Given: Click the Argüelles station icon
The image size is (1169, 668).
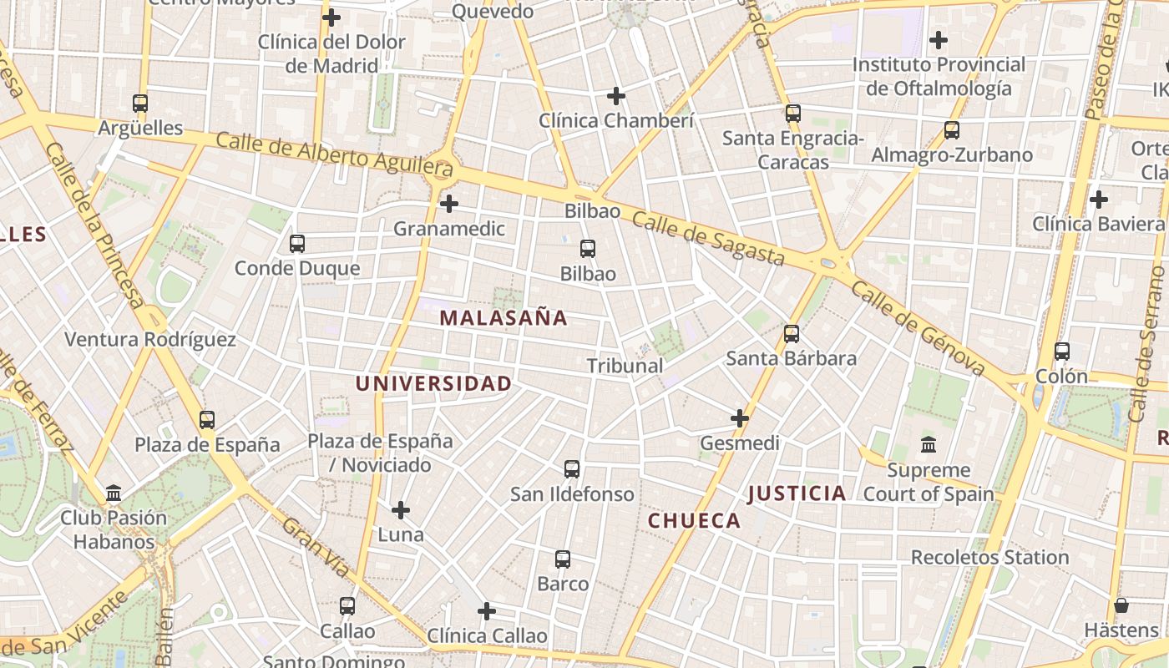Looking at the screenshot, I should (x=140, y=104).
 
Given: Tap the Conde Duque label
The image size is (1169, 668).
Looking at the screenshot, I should (x=297, y=268).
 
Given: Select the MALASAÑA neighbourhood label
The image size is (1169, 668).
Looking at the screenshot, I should (x=504, y=318).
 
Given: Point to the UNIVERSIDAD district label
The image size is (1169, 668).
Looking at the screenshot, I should (x=433, y=384).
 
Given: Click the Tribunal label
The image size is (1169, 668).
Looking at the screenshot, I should (x=625, y=366).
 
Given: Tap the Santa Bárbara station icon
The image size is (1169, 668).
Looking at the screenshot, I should (x=792, y=334).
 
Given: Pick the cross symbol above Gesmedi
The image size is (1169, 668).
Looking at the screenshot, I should (x=740, y=417).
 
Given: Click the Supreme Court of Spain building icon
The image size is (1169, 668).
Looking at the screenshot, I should (x=929, y=445).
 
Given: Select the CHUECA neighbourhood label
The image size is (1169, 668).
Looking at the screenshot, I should (x=695, y=521).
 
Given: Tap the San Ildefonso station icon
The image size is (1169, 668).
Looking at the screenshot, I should (x=572, y=469).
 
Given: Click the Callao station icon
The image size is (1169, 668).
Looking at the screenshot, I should (x=347, y=606).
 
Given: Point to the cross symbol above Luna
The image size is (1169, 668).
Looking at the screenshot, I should (x=401, y=509).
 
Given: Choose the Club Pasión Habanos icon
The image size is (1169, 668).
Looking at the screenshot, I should (x=114, y=493).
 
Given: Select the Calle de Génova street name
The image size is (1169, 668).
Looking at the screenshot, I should (x=918, y=329).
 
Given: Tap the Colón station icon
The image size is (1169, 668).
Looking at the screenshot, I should (x=1062, y=352).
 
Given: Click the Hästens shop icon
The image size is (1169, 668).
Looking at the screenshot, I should (x=1121, y=605).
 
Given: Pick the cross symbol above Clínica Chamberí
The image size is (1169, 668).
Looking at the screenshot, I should (x=616, y=96).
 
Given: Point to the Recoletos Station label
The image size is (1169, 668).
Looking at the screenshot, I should (x=989, y=557).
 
